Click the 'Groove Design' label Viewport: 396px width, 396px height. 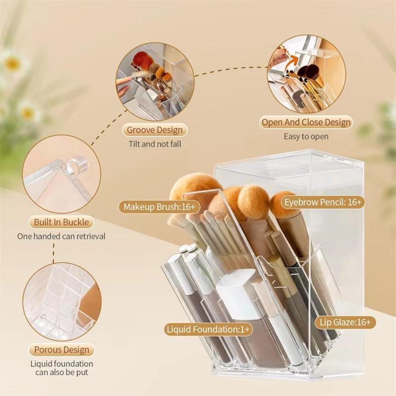[x=155, y=130]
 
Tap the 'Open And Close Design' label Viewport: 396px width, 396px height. [x=306, y=122]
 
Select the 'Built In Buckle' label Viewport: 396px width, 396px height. [x=61, y=222]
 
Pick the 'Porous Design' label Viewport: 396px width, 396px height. [x=61, y=350]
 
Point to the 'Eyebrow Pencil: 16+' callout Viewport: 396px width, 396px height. [x=323, y=202]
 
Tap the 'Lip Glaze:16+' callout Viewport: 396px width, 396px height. [x=345, y=322]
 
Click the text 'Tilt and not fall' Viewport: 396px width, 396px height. [x=155, y=144]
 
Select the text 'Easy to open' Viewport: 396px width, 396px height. [x=306, y=136]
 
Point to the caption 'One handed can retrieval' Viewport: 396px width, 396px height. [x=61, y=236]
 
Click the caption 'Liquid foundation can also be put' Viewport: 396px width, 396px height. [x=61, y=368]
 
